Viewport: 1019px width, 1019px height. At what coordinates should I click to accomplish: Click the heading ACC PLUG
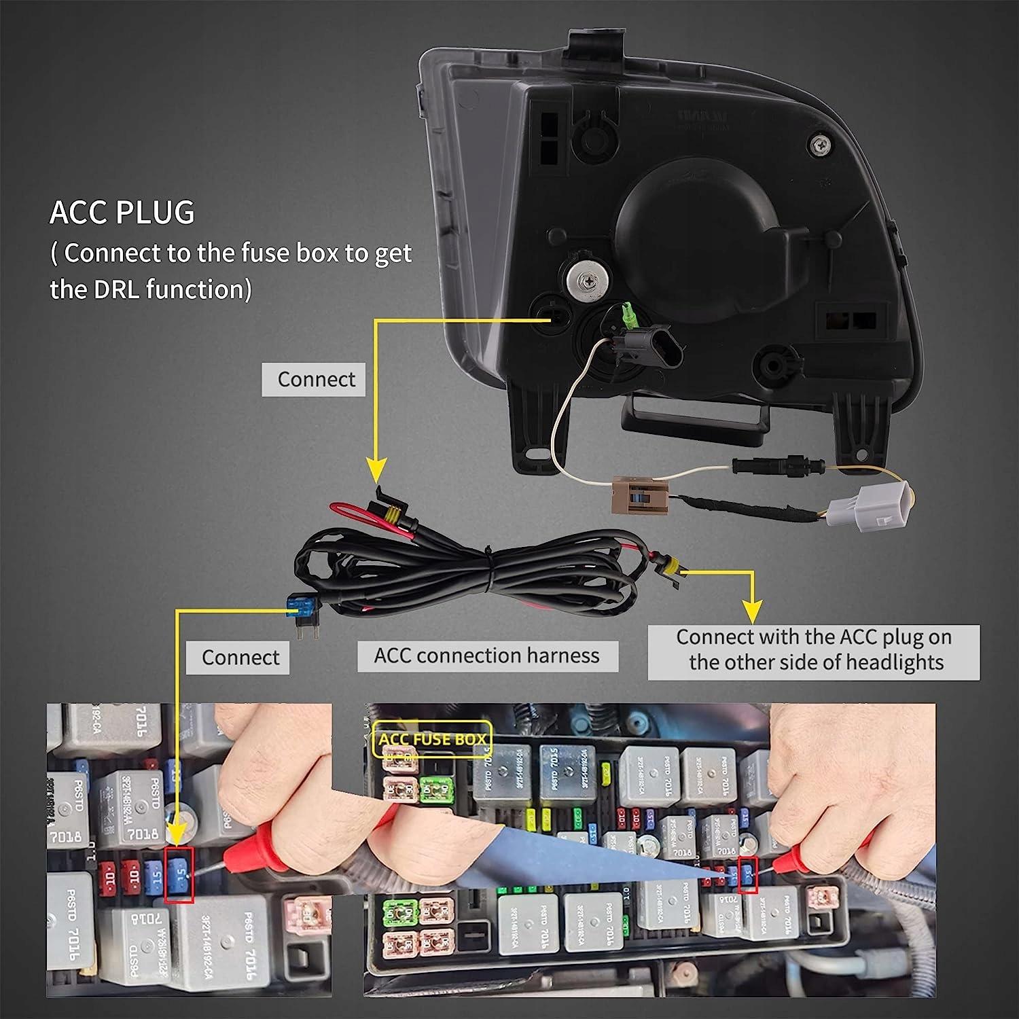[122, 213]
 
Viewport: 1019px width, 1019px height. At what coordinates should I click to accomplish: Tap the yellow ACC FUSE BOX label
[433, 740]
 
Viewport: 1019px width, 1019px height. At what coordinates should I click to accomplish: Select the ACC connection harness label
[487, 656]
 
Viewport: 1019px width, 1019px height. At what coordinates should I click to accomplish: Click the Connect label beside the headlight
[316, 379]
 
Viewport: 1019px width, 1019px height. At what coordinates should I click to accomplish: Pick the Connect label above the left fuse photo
[240, 658]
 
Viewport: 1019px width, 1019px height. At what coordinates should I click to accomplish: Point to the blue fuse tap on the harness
[300, 603]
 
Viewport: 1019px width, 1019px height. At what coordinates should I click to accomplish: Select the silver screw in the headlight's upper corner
[821, 143]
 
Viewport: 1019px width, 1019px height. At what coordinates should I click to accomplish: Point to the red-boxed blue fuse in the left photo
[179, 874]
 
